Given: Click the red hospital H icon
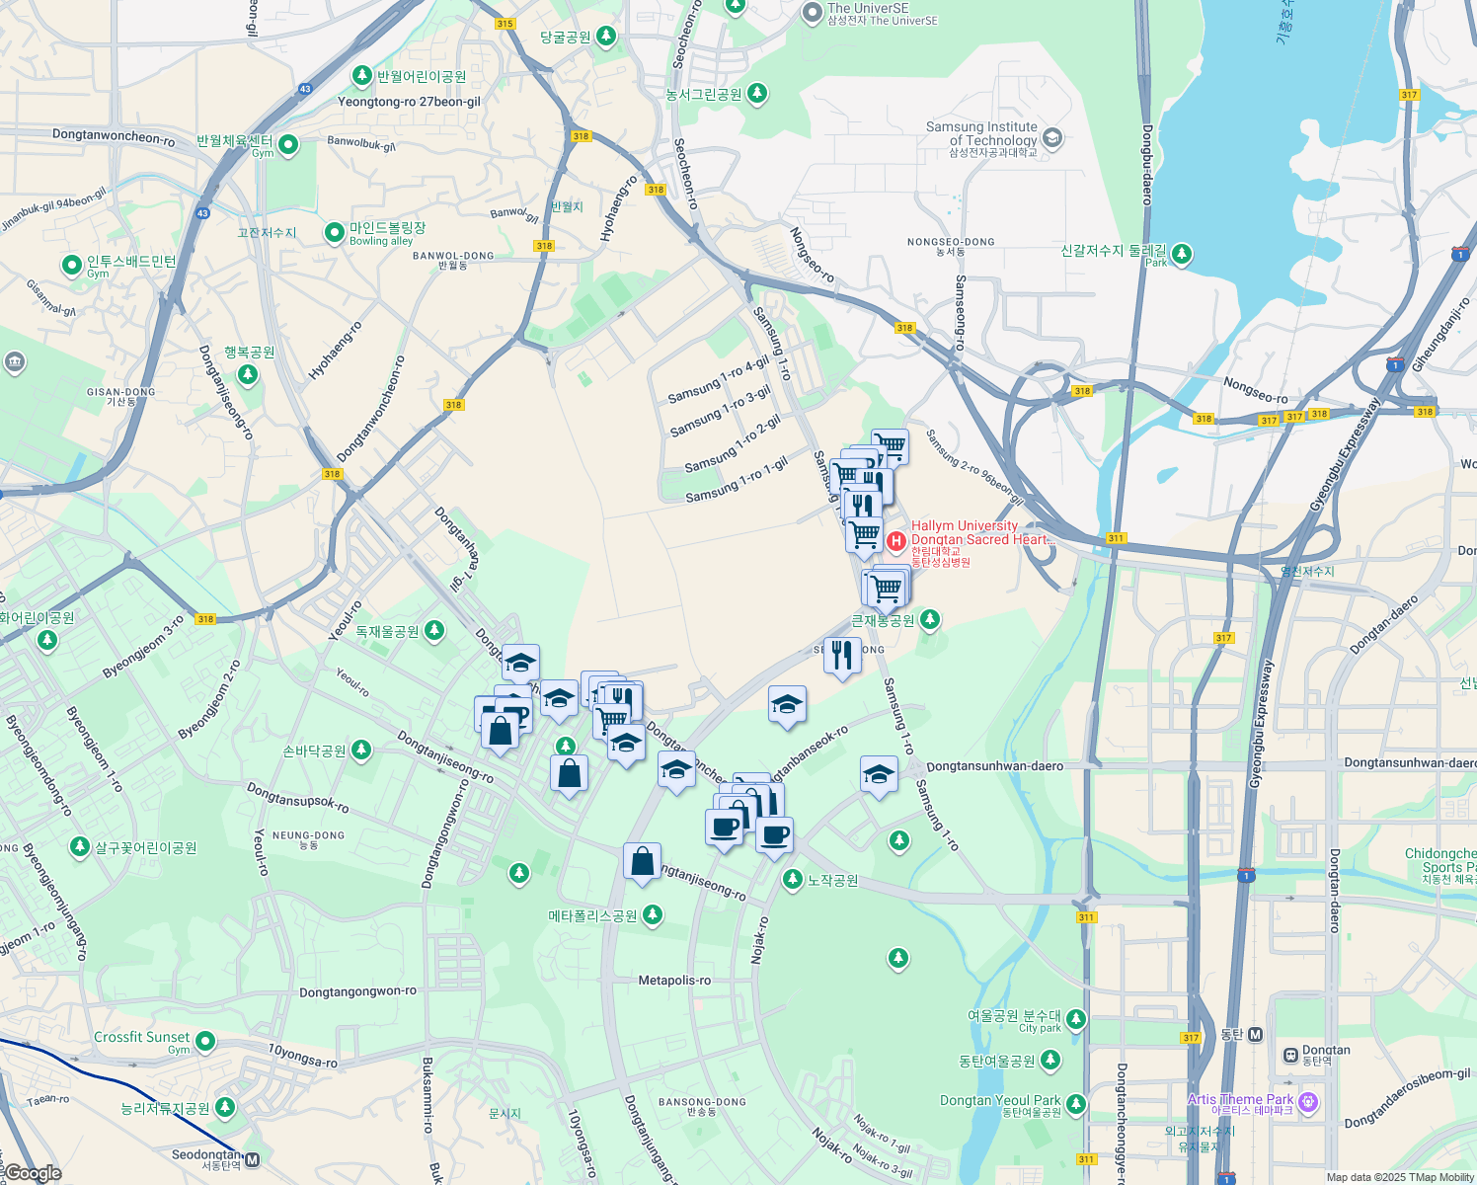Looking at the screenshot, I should click(x=895, y=540).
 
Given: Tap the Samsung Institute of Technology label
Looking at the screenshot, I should click(x=981, y=133).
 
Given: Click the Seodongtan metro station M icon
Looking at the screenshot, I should click(x=252, y=1159).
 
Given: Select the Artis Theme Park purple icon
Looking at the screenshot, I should click(x=1308, y=1102).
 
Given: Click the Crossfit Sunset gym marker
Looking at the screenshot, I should click(x=205, y=1041).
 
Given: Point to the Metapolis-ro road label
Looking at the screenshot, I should click(x=674, y=981).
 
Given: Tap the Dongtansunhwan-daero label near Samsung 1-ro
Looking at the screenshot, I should click(x=995, y=765).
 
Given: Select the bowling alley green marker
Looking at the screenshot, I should click(x=336, y=233).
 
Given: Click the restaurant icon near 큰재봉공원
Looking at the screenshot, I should click(x=841, y=656).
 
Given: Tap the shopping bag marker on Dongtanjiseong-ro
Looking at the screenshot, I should click(x=642, y=862).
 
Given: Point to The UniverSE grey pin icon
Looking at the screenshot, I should click(x=812, y=13).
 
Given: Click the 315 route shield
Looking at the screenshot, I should click(x=505, y=24).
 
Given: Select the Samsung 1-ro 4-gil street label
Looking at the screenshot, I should click(x=718, y=380).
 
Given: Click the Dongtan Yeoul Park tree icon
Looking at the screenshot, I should click(x=1076, y=1103).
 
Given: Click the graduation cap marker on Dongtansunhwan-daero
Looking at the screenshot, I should click(x=878, y=775).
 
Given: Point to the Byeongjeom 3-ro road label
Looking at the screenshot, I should click(x=143, y=647).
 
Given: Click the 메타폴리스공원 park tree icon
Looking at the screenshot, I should click(x=652, y=915).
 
